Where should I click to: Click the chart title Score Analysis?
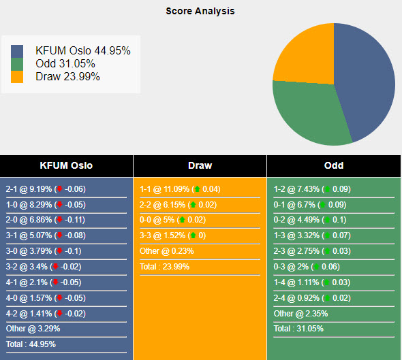tap(200, 11)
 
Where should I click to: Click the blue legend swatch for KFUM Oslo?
tap(17, 51)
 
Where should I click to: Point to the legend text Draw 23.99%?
tap(67, 76)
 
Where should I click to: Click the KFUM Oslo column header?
tap(67, 165)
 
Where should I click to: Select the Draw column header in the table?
tap(200, 165)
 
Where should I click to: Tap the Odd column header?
tap(334, 165)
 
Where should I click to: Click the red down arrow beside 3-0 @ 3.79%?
tap(59, 251)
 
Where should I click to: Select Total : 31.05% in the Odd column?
tap(298, 329)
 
